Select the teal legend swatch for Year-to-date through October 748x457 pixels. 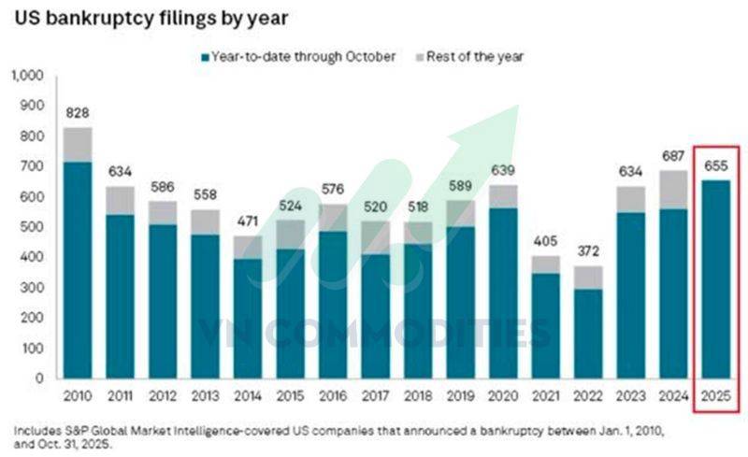coord(205,57)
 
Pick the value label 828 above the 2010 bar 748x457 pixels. coord(77,113)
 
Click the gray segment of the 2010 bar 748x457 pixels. coord(77,144)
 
